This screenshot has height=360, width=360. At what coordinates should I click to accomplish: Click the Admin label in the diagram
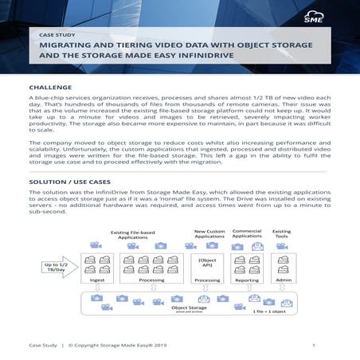[x=281, y=280]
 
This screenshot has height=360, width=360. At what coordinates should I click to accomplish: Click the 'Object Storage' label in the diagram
[x=188, y=307]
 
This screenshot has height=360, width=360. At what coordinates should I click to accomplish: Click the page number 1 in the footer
[x=314, y=345]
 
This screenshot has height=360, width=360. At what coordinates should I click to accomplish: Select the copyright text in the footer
[x=117, y=345]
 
